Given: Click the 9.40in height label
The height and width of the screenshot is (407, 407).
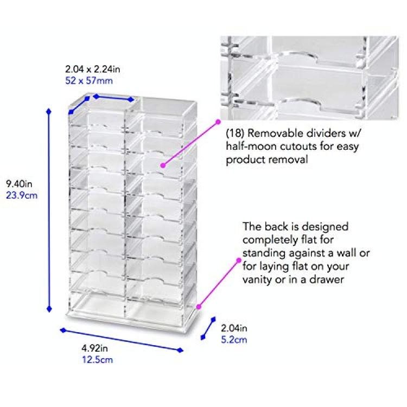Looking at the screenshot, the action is [x=19, y=184].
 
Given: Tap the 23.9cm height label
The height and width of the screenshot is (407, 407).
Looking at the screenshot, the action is [x=22, y=195].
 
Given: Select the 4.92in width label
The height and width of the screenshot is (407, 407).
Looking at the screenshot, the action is [x=95, y=348].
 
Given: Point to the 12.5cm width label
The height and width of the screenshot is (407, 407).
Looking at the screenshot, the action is [x=97, y=360].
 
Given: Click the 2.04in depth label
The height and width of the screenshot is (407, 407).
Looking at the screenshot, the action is [x=234, y=328].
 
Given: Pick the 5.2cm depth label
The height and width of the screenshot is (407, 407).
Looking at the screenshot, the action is [x=234, y=340].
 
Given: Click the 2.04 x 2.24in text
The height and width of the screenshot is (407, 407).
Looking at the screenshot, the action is [x=93, y=69].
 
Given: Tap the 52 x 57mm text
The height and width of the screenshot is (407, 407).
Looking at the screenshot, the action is [x=89, y=81].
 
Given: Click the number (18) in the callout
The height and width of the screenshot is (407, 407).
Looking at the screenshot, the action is [x=235, y=133].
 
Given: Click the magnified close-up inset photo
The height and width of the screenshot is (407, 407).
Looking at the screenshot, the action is [x=309, y=78].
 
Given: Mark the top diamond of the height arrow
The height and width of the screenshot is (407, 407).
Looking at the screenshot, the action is [x=48, y=112].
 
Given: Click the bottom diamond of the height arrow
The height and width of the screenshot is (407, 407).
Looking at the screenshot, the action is [x=49, y=309].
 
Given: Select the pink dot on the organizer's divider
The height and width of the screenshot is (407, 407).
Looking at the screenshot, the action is [x=163, y=165].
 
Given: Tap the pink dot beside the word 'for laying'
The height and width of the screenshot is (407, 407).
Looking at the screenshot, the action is [x=239, y=260].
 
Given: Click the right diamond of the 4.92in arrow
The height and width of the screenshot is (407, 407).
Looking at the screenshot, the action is [x=180, y=351].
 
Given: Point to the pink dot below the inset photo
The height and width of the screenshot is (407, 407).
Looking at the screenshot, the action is [x=218, y=122].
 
